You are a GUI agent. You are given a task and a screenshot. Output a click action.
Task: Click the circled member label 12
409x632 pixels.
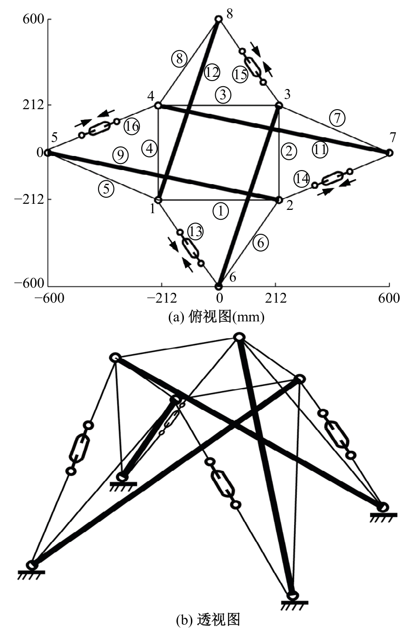coord(212,73)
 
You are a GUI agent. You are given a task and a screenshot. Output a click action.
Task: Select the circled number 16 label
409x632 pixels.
coord(131,126)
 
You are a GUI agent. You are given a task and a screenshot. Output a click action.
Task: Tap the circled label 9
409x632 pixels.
coord(121,155)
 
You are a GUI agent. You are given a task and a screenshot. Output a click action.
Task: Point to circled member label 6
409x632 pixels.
coord(261,243)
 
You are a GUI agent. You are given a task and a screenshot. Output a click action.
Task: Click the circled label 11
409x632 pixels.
coord(320,149)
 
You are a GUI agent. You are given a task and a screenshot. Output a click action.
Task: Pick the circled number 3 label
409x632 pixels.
coord(223,95)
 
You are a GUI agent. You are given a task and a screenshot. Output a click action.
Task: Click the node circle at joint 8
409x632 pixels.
coord(219,19)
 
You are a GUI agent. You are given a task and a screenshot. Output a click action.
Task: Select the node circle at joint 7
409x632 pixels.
coord(389,153)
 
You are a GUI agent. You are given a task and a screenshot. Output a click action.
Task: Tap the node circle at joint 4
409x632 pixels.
coord(158,105)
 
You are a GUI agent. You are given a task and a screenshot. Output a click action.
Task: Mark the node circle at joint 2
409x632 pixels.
coord(279,200)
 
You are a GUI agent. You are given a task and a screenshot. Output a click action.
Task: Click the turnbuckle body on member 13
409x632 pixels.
coord(190,248)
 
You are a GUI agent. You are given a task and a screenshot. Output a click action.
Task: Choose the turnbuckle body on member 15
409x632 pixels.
coord(252,67)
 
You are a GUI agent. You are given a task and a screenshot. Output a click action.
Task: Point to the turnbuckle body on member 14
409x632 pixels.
coord(333,178)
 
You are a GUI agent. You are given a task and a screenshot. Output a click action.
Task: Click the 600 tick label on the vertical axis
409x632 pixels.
coord(34,19)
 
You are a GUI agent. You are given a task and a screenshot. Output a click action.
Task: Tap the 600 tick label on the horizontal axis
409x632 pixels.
coord(389,298)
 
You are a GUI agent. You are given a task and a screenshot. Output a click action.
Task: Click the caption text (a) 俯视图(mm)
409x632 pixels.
coord(216,318)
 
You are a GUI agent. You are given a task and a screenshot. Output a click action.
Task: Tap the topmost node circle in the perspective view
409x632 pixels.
coord(239,337)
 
